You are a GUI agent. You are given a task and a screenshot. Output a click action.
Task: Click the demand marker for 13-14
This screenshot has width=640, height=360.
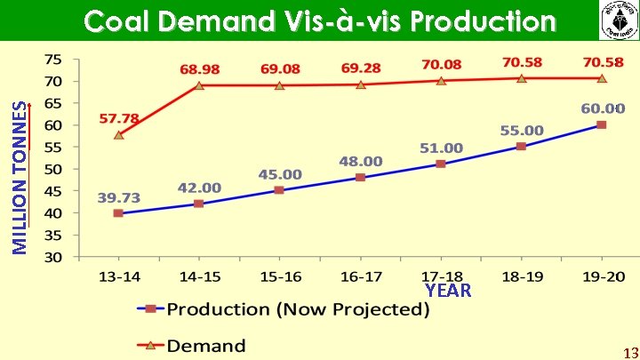pyautogui.click(x=118, y=135)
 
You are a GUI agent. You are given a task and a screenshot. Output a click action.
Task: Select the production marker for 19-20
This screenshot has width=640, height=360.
pyautogui.click(x=601, y=124)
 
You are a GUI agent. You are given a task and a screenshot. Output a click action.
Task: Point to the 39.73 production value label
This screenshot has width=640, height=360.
pyautogui.click(x=116, y=196)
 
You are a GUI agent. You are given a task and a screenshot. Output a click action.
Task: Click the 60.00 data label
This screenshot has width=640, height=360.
pyautogui.click(x=603, y=108)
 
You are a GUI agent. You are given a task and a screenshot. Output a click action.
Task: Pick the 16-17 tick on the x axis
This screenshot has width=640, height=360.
pyautogui.click(x=360, y=277)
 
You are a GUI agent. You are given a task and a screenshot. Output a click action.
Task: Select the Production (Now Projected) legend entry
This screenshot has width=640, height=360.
pyautogui.click(x=283, y=309)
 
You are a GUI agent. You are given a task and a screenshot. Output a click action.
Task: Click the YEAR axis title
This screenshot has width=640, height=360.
pyautogui.click(x=448, y=291)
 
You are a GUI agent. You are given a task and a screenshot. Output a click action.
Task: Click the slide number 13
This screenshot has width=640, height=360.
pyautogui.click(x=629, y=351)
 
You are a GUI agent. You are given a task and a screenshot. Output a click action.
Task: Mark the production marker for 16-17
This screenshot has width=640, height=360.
pyautogui.click(x=360, y=177)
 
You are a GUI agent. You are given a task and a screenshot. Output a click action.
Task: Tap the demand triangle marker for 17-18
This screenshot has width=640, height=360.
pyautogui.click(x=441, y=80)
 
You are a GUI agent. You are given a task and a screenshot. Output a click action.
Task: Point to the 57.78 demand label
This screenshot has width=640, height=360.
pyautogui.click(x=118, y=118)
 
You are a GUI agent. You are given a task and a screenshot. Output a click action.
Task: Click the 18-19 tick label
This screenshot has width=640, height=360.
pyautogui.click(x=521, y=277)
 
